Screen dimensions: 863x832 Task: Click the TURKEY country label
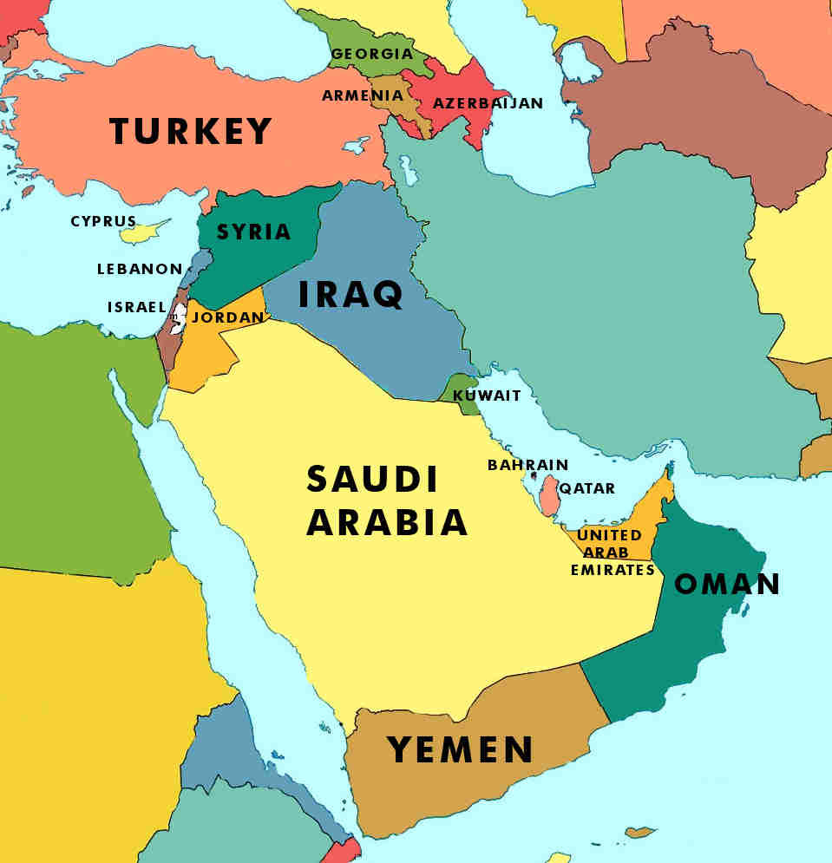click(191, 132)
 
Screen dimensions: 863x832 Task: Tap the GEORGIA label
click(372, 54)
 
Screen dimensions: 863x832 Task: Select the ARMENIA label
click(363, 95)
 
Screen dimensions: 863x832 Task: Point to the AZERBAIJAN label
click(488, 103)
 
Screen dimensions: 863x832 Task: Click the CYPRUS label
click(103, 221)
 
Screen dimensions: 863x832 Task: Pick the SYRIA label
click(253, 232)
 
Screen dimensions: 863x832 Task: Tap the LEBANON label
click(140, 269)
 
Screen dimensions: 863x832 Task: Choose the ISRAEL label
click(136, 307)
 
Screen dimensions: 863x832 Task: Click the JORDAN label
click(227, 317)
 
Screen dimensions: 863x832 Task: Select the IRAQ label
click(350, 294)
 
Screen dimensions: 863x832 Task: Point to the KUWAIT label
click(488, 396)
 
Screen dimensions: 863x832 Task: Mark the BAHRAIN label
click(527, 465)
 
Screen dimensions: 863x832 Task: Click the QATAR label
click(587, 488)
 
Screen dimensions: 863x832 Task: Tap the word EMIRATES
click(613, 570)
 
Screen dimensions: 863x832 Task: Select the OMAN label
click(727, 584)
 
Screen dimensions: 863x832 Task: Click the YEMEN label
click(460, 749)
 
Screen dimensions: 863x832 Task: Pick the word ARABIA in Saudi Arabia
click(387, 523)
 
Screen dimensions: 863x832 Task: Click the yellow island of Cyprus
click(143, 232)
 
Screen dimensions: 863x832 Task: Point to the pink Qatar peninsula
click(548, 495)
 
